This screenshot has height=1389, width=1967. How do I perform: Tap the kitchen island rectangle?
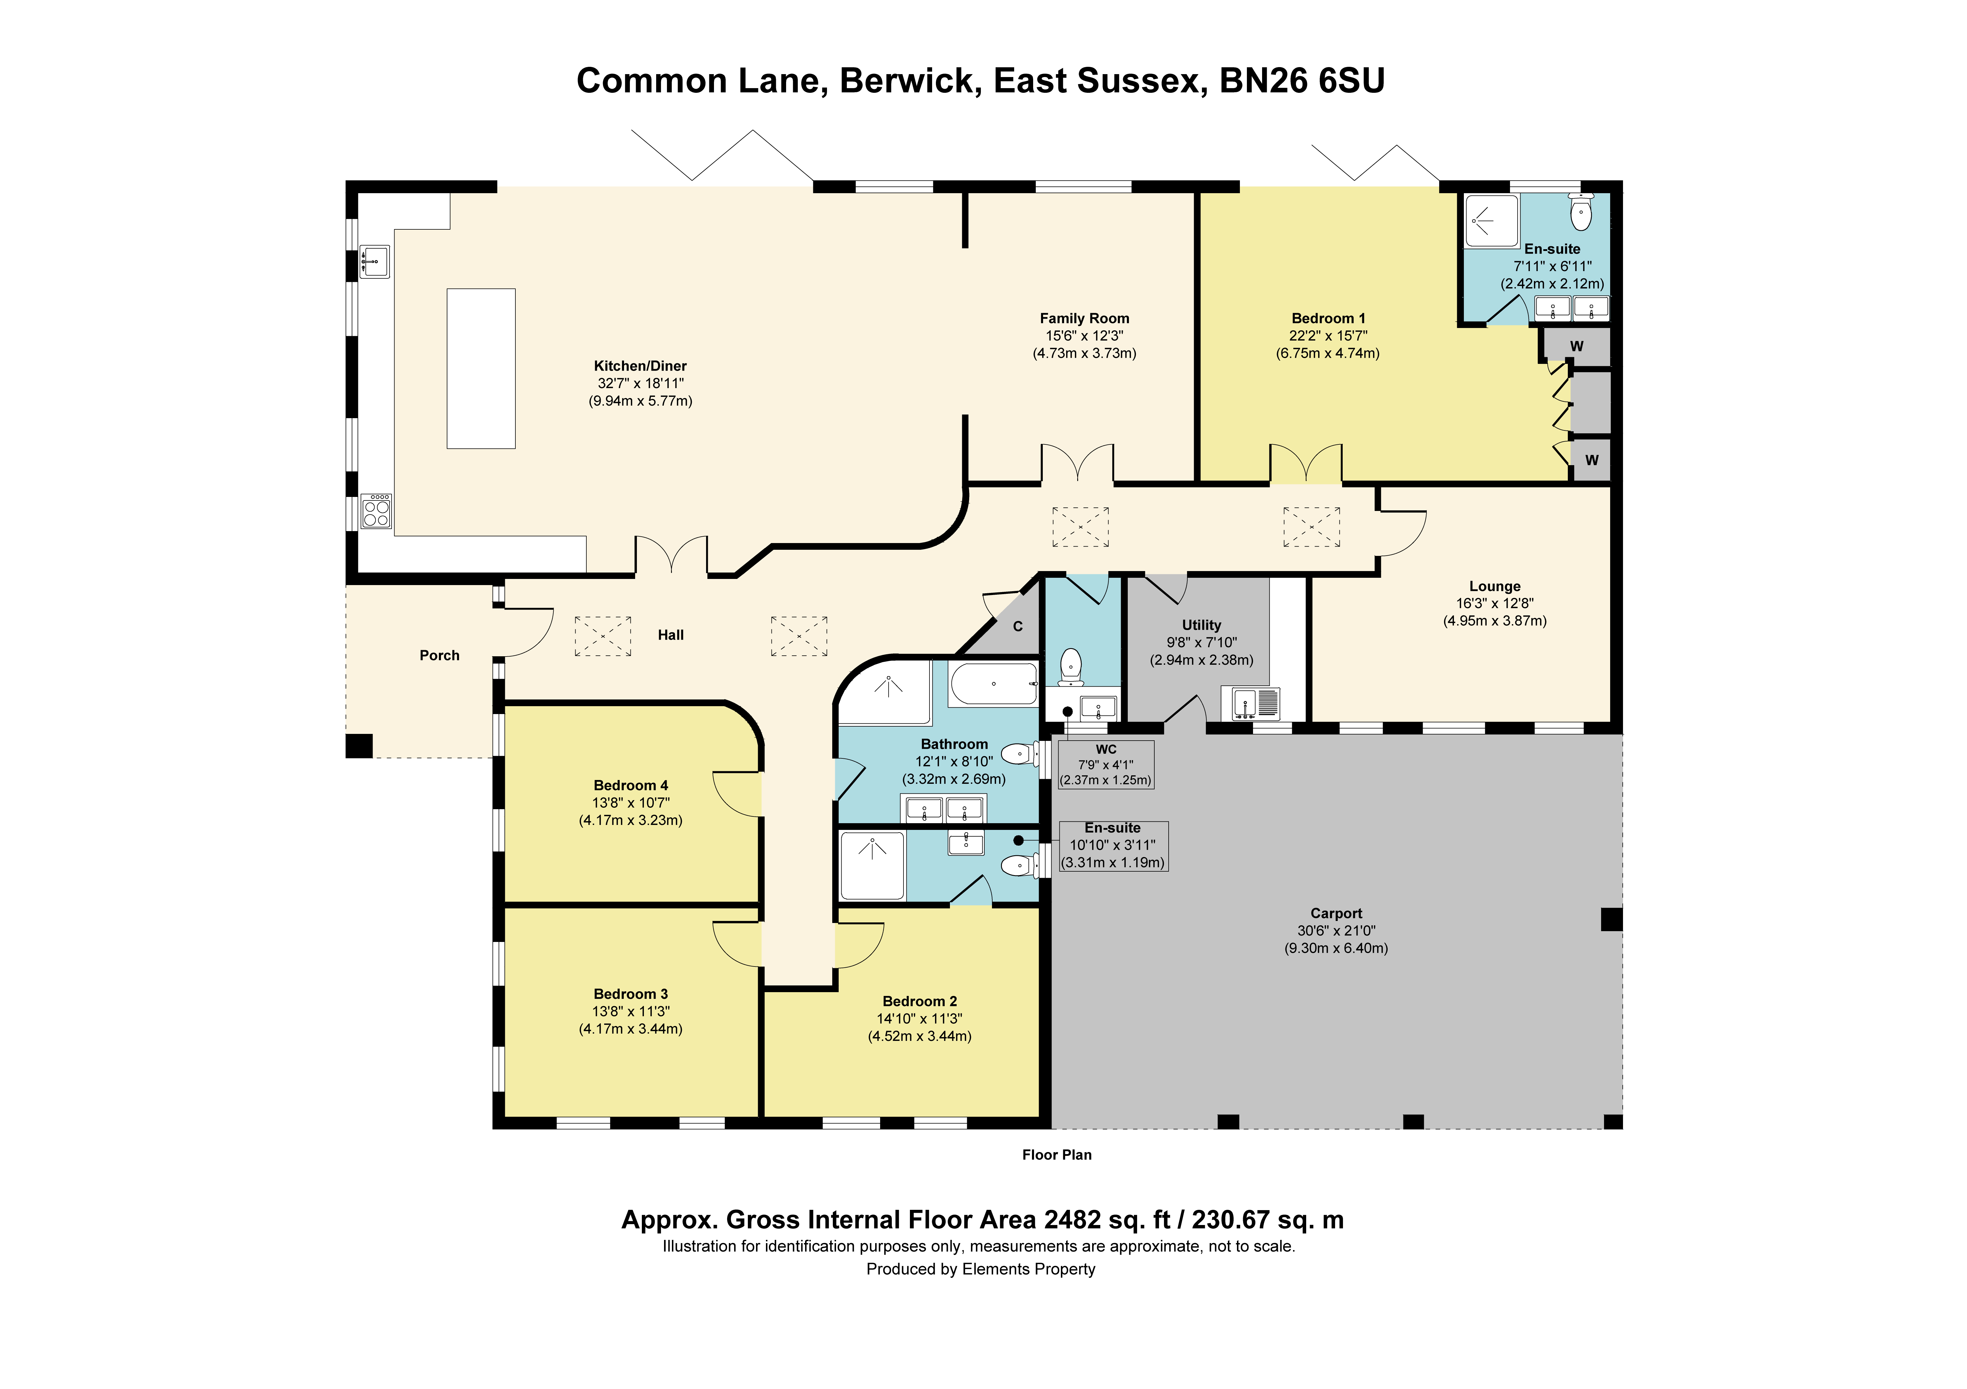pos(481,368)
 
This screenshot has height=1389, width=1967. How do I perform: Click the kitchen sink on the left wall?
pos(374,261)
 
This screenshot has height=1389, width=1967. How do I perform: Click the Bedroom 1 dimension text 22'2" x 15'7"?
pos(1328,336)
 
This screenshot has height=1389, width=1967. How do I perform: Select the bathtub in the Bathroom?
pos(994,684)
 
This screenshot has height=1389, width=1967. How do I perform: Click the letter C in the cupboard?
pos(1018,626)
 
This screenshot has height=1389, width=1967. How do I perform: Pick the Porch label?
pos(439,655)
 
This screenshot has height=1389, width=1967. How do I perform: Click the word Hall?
pos(671,635)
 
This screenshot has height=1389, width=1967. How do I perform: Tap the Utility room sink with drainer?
pos(1256,704)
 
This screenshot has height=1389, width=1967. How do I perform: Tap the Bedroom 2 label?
pos(920,1001)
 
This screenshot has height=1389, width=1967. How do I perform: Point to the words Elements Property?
pos(1029,1269)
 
